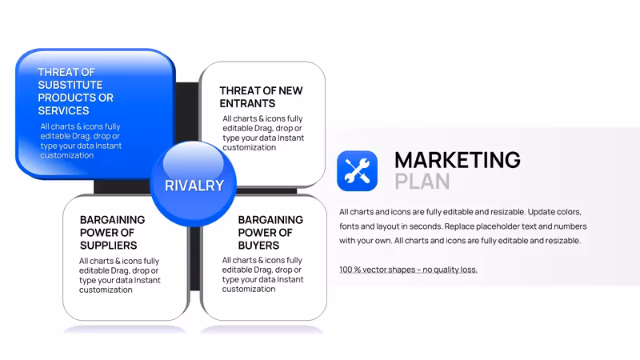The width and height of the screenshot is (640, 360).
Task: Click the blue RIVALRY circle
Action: (193, 184)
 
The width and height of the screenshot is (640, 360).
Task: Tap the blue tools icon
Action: (357, 170)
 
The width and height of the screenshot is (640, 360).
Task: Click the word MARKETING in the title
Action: (457, 159)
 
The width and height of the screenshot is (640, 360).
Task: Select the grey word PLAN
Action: (422, 182)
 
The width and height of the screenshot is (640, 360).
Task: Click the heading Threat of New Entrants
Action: (262, 97)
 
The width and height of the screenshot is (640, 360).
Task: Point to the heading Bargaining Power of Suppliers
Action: (112, 232)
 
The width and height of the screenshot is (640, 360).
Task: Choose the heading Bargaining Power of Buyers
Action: (270, 232)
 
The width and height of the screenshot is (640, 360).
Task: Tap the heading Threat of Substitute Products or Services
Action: (75, 91)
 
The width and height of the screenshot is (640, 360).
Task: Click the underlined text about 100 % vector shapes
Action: (408, 270)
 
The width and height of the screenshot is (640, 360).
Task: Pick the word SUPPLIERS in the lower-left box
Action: (109, 246)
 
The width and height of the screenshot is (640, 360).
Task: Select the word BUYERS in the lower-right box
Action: (258, 246)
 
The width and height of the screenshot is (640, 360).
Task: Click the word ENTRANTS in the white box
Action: (247, 104)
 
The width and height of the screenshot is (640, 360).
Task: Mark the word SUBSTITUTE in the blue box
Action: (70, 85)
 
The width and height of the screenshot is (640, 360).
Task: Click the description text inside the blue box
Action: (81, 141)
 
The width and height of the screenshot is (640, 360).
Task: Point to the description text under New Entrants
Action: (263, 133)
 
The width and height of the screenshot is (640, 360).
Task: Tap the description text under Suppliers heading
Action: (119, 275)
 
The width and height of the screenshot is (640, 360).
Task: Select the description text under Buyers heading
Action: (263, 274)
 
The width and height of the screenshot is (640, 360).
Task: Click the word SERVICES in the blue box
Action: (63, 110)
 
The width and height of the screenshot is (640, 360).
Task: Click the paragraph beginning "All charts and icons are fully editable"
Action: (463, 226)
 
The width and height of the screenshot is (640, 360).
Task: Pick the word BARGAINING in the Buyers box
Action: (270, 219)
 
